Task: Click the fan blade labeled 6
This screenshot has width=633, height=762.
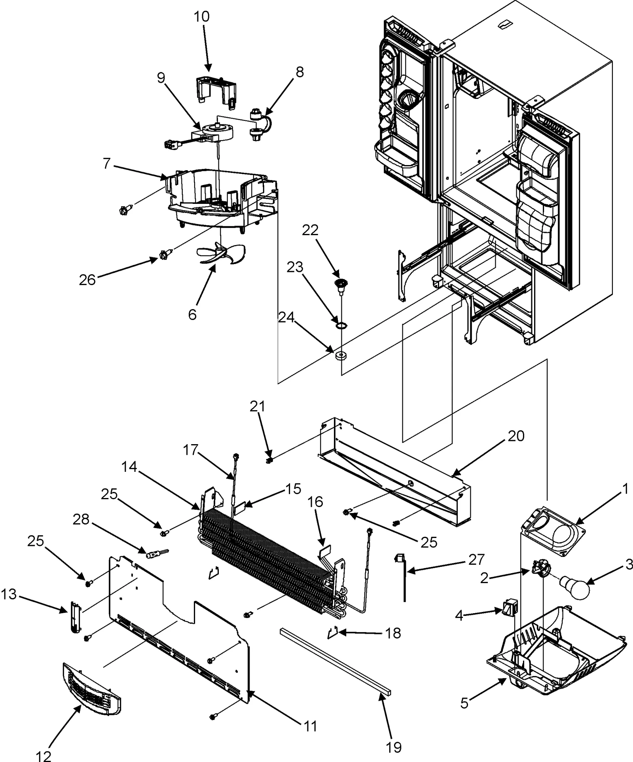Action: point(222,253)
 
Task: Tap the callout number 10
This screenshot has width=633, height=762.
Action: point(201,17)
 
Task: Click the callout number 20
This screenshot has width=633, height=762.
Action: point(516,436)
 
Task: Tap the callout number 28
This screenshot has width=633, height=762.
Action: point(81,520)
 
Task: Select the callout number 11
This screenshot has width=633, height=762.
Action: point(311,726)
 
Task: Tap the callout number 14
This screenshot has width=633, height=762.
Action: point(129,467)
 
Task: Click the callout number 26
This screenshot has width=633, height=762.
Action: point(87,280)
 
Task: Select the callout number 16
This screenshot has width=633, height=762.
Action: point(315,502)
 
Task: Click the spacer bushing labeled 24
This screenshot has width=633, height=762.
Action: point(341,355)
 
